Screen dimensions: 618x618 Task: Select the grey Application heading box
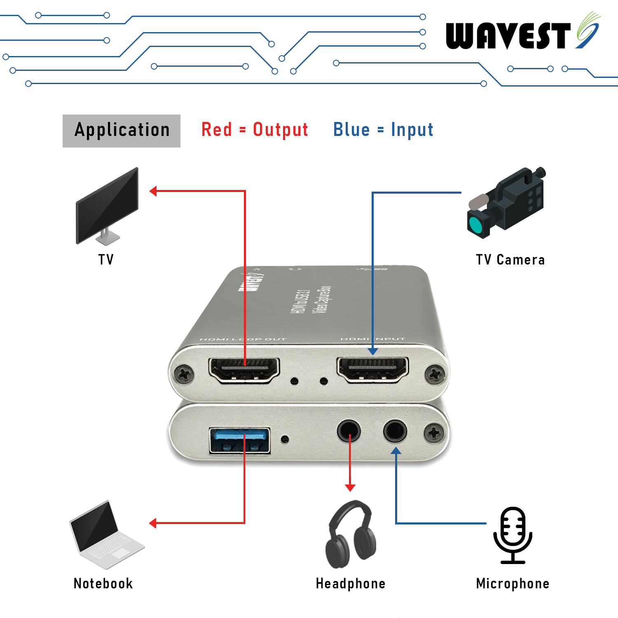pyautogui.click(x=122, y=131)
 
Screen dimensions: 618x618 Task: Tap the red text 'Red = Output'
pyautogui.click(x=255, y=130)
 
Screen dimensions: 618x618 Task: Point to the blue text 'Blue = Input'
pyautogui.click(x=383, y=130)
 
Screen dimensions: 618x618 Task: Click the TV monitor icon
pyautogui.click(x=107, y=206)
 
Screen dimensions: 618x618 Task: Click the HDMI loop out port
pyautogui.click(x=244, y=369)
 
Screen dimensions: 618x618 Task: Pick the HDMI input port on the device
pyautogui.click(x=373, y=369)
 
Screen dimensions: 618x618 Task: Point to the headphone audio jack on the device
pyautogui.click(x=349, y=431)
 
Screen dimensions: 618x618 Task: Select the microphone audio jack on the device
pyautogui.click(x=395, y=431)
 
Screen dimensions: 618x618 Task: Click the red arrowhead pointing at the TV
pyautogui.click(x=153, y=191)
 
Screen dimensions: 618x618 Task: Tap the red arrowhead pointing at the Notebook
pyautogui.click(x=153, y=523)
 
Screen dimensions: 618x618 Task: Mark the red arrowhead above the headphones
pyautogui.click(x=350, y=488)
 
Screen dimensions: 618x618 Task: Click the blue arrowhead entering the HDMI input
pyautogui.click(x=373, y=351)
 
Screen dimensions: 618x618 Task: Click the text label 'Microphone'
pyautogui.click(x=513, y=583)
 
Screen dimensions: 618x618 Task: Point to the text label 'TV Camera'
pyautogui.click(x=510, y=260)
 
